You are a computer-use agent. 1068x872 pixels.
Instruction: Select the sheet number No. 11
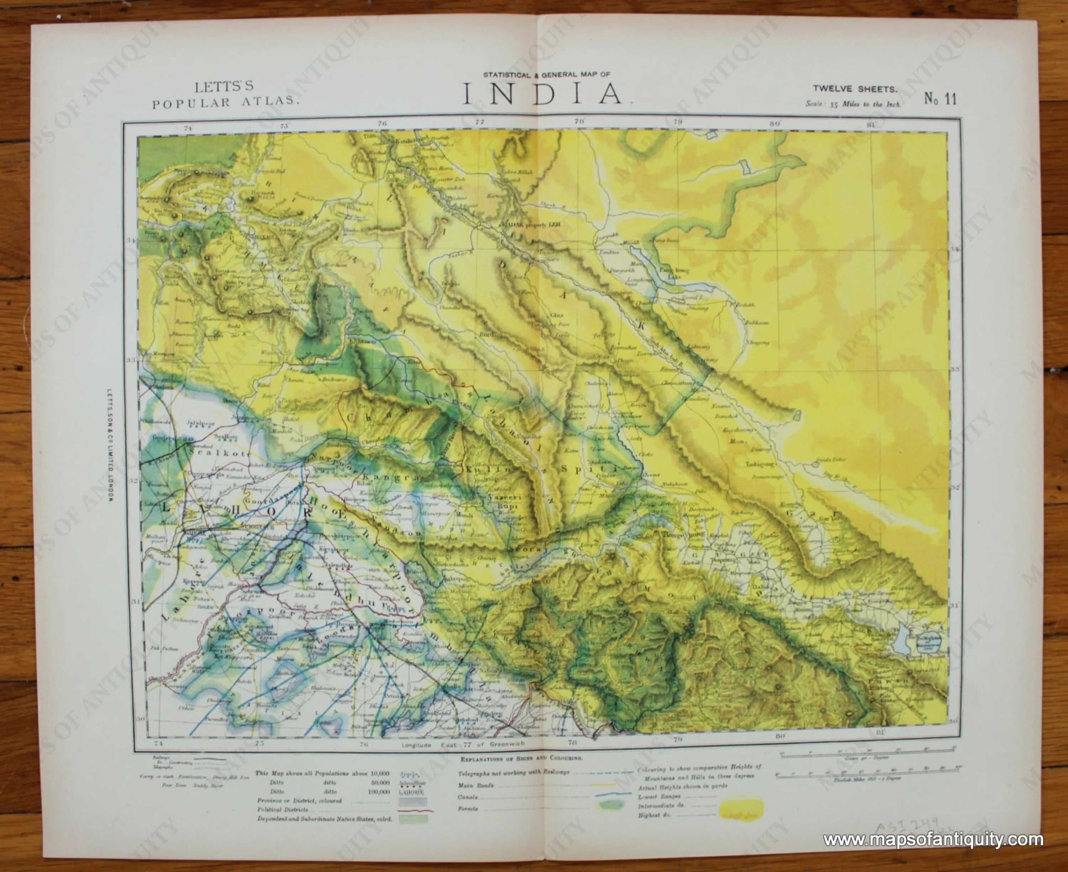[940, 99]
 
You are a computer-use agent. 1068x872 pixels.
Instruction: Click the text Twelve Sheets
[855, 89]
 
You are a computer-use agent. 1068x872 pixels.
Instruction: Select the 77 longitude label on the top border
[480, 121]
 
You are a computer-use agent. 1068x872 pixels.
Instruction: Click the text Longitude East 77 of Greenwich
[462, 745]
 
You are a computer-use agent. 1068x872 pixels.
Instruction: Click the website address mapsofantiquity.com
[933, 839]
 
